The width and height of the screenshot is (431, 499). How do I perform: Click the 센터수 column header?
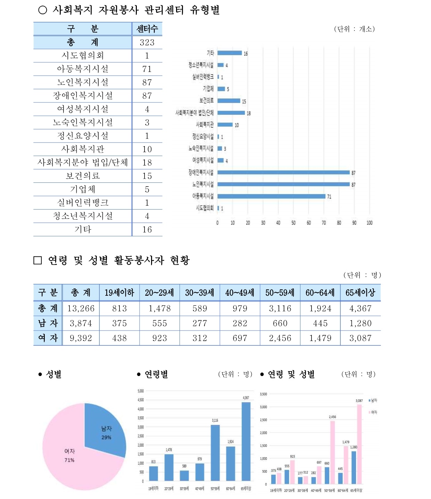click(147, 29)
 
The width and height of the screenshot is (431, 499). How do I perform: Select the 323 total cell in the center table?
click(147, 42)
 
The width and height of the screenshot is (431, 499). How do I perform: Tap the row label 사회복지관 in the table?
click(83, 149)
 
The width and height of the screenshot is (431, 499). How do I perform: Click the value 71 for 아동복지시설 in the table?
click(147, 69)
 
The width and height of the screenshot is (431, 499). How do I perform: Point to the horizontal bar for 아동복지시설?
click(271, 196)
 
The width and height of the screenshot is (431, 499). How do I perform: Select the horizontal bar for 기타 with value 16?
click(230, 53)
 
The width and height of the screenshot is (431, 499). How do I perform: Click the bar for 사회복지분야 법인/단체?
click(231, 113)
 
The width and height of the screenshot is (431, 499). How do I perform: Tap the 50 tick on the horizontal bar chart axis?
click(293, 223)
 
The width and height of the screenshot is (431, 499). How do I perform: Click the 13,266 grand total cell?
click(81, 309)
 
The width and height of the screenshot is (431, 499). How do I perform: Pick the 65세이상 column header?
click(360, 293)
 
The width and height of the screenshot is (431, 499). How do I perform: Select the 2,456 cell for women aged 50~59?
click(280, 338)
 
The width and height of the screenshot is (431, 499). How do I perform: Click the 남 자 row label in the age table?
click(48, 324)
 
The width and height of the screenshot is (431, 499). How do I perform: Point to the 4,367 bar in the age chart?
click(246, 441)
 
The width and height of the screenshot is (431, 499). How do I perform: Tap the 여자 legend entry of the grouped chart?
click(373, 412)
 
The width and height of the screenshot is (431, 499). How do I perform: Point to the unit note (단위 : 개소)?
click(354, 29)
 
